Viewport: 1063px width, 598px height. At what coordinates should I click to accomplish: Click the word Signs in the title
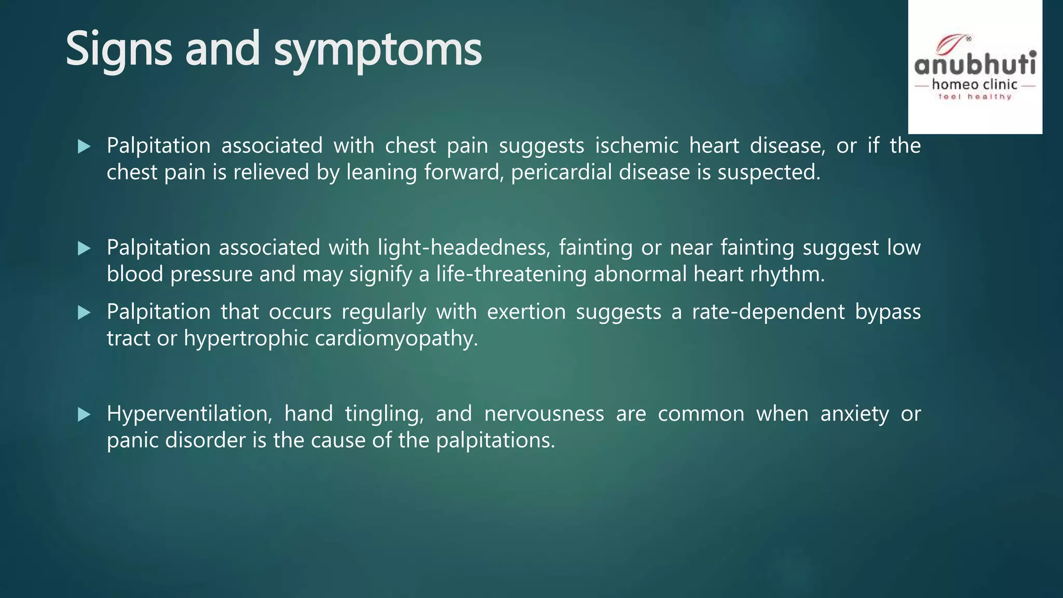(118, 49)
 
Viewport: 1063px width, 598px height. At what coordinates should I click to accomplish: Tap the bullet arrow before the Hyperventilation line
(84, 414)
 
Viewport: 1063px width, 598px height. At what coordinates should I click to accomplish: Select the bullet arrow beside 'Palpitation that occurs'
(84, 312)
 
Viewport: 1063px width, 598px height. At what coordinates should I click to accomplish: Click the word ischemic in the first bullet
(636, 145)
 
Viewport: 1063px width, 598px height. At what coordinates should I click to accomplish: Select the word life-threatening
(511, 274)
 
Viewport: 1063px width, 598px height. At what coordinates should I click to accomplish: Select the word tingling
(384, 414)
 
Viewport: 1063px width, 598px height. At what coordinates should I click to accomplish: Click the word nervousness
(544, 414)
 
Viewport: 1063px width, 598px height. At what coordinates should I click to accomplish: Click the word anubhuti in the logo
(975, 65)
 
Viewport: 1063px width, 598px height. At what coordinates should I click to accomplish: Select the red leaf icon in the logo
(951, 44)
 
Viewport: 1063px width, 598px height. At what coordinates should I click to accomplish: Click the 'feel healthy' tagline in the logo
(975, 97)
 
